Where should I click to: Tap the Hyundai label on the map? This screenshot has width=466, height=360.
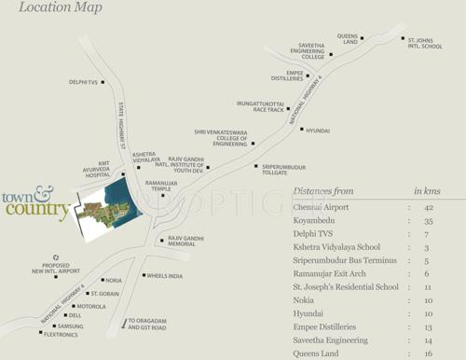[x=318, y=131]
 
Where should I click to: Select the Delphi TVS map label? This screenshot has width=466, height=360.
[x=84, y=82]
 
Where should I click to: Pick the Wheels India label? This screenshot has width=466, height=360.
[x=166, y=275]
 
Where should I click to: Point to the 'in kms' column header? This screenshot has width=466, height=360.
[x=427, y=190]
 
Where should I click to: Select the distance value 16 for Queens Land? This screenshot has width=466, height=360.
[x=429, y=354]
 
